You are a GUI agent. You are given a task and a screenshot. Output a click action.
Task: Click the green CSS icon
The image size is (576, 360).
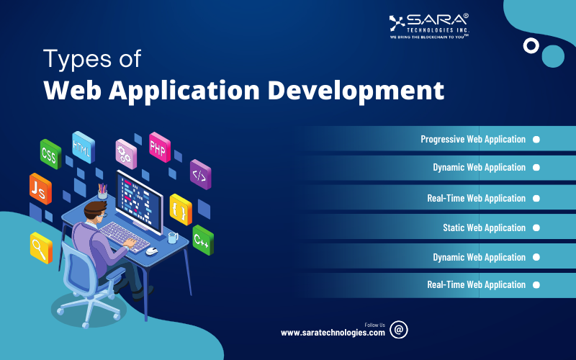pos(49,153)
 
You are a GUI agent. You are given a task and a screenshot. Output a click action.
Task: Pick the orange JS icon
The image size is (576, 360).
pos(40,188)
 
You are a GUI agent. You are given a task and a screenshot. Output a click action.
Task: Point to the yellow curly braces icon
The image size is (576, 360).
pos(180,209)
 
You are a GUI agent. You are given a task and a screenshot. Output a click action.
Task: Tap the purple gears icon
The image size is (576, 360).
pos(126,153)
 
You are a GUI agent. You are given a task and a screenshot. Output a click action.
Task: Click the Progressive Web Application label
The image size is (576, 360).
pos(473,139)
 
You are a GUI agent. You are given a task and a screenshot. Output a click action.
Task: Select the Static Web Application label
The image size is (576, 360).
pos(484,228)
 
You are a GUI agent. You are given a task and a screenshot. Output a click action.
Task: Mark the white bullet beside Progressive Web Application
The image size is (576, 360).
pos(536,139)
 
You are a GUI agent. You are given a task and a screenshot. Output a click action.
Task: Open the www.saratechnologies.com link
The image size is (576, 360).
pos(333,333)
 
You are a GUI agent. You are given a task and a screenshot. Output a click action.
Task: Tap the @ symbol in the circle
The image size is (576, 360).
pos(399,330)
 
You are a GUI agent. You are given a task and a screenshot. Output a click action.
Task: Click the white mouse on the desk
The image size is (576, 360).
pos(151,251)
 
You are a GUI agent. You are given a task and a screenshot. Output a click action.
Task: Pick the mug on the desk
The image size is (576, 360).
pos(173,236)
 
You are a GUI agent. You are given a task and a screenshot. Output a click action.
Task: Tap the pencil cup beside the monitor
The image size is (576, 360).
pos(102,193)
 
